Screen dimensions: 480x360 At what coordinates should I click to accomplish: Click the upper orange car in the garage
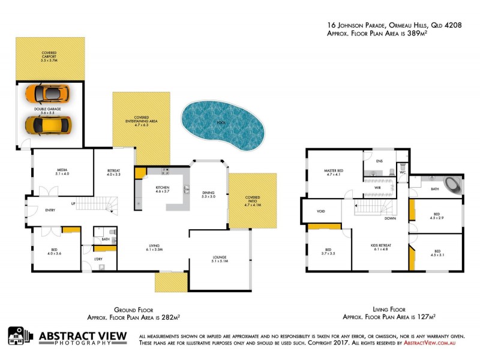click(47, 94)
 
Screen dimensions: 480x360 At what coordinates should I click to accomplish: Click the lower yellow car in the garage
click(49, 125)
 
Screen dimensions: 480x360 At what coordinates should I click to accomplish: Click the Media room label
click(62, 171)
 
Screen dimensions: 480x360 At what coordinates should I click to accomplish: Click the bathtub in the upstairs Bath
click(451, 183)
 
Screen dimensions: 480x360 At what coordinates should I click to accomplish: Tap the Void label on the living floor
click(321, 211)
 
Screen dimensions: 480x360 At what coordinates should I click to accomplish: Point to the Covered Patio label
click(253, 199)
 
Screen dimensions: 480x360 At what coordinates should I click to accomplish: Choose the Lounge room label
click(219, 259)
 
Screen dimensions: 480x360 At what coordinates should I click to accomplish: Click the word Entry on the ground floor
click(50, 210)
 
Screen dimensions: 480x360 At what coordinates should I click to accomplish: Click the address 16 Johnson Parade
click(357, 26)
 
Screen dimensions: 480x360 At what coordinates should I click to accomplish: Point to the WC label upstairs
click(403, 174)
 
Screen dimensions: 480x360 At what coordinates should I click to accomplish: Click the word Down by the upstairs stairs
click(390, 218)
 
